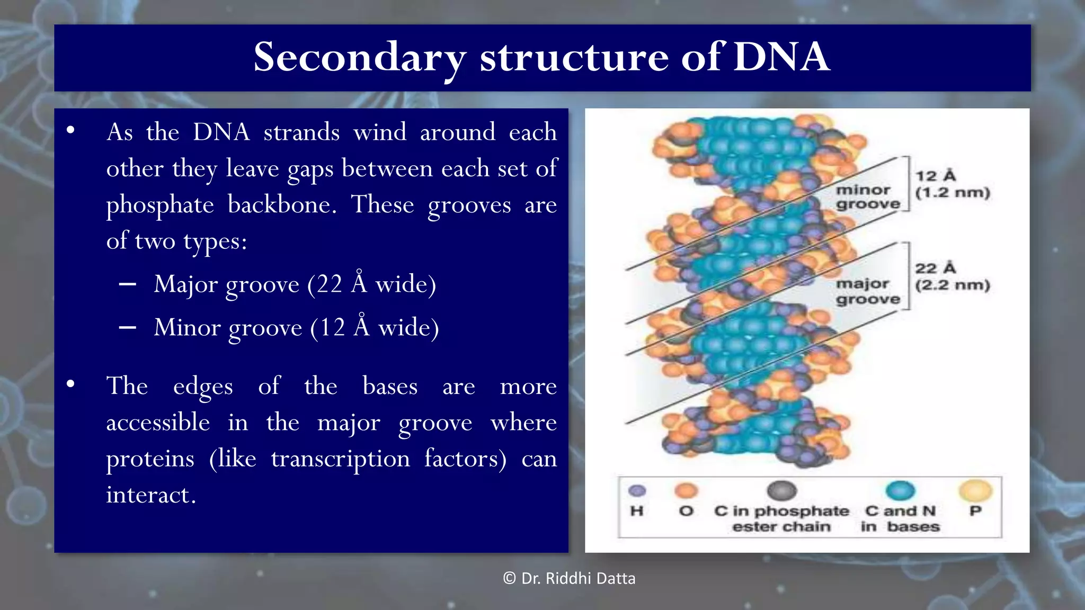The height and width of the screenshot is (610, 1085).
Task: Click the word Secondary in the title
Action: coord(360,58)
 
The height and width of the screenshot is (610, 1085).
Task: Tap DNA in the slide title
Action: coord(781,57)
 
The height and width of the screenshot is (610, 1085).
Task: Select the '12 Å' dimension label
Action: coord(935,176)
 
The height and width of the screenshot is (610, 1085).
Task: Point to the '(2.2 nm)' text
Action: coord(952,285)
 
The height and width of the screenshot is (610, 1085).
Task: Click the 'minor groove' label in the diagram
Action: coord(867,196)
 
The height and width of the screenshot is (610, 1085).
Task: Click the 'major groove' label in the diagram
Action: coord(867,291)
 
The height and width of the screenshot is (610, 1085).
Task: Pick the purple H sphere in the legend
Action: coord(637,491)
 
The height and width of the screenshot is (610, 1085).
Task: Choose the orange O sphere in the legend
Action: coord(686,491)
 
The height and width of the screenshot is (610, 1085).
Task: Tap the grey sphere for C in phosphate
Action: coord(781,491)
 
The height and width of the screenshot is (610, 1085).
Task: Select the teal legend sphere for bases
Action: coord(900,491)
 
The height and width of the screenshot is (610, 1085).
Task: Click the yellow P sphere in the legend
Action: coord(975,491)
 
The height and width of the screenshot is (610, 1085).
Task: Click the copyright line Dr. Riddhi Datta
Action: coord(570,578)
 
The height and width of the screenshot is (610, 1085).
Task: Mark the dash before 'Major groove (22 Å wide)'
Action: coord(128,285)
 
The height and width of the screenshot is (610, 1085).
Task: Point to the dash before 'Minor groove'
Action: coord(128,328)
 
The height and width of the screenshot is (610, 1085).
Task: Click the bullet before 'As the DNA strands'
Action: coord(70,130)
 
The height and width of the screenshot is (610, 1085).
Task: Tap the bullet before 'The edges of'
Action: coord(70,384)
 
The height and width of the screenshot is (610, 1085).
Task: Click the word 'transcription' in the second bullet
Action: coord(340,459)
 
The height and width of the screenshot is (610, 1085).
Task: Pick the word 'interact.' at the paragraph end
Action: coord(151,495)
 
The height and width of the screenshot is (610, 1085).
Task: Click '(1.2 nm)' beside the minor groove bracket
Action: coord(952,193)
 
